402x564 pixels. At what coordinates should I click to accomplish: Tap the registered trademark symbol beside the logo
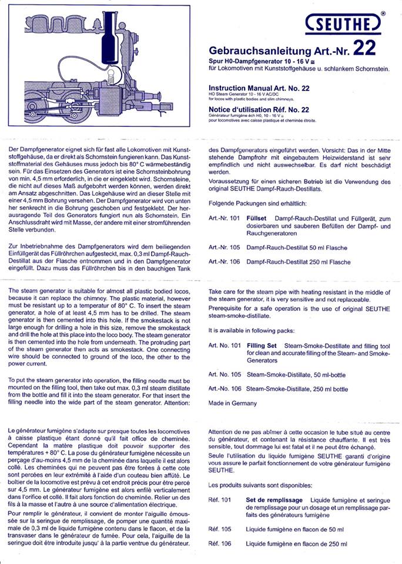coord(383,12)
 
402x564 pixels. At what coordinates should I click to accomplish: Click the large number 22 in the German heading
coord(364,47)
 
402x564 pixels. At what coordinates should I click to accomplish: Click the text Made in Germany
coord(232,403)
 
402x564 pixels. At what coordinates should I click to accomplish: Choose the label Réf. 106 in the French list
coord(219,544)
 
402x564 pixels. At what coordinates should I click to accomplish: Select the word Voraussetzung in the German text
coord(234,182)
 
